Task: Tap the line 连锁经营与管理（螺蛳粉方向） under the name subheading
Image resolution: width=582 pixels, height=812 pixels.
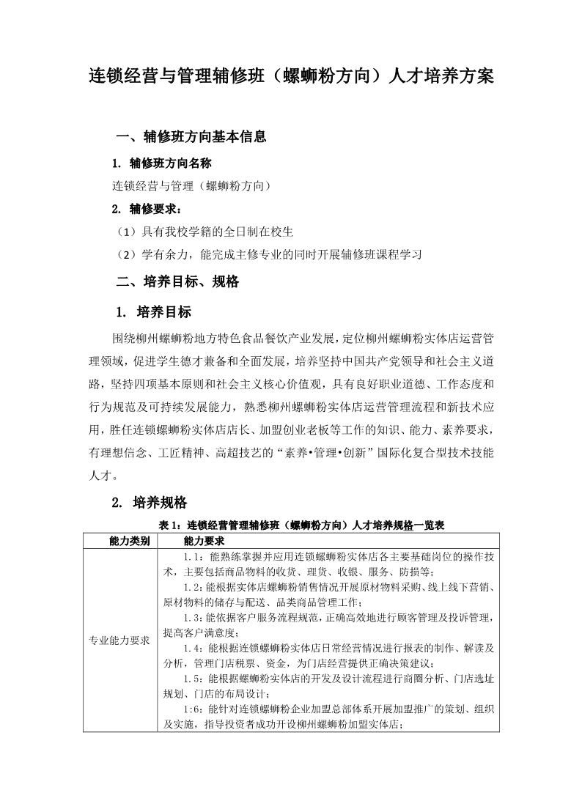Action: point(192,186)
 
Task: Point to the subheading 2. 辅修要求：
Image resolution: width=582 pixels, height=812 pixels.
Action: point(147,209)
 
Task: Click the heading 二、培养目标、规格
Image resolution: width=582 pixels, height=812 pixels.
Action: point(178,281)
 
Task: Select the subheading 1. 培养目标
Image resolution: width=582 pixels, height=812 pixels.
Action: point(153,312)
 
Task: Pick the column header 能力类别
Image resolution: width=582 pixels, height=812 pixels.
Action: point(129,541)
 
